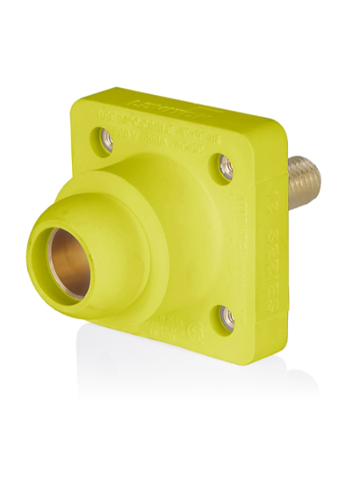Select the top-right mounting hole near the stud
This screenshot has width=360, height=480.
[226, 167]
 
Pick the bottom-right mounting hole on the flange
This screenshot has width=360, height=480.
[227, 317]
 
